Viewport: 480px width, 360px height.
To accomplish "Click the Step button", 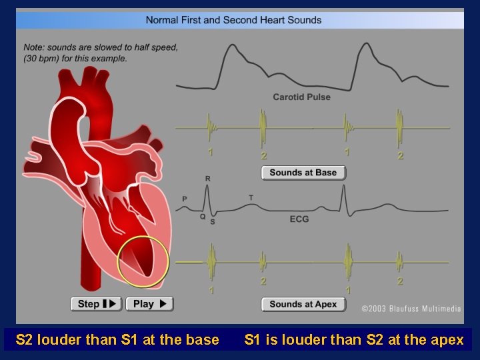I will [96, 304].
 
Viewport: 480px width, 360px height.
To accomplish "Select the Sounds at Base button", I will [303, 173].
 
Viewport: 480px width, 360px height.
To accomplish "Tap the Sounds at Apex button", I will [303, 305].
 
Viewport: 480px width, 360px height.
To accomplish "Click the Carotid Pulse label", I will [301, 97].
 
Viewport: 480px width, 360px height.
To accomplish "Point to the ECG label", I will [299, 218].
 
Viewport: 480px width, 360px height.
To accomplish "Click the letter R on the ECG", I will [208, 179].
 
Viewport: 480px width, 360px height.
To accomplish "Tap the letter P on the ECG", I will [185, 199].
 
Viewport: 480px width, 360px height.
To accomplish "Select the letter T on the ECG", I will [251, 198].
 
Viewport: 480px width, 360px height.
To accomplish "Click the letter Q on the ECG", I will [202, 216].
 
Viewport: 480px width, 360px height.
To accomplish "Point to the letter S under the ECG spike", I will [213, 221].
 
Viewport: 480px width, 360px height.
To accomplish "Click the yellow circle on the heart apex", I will [143, 262].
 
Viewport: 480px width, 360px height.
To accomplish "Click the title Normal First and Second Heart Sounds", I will [233, 20].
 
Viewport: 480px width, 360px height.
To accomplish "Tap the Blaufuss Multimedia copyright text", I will [411, 309].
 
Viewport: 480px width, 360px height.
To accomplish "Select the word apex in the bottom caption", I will [447, 340].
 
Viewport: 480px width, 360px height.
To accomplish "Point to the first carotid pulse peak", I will [233, 46].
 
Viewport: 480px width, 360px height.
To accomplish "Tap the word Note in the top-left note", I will [34, 48].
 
